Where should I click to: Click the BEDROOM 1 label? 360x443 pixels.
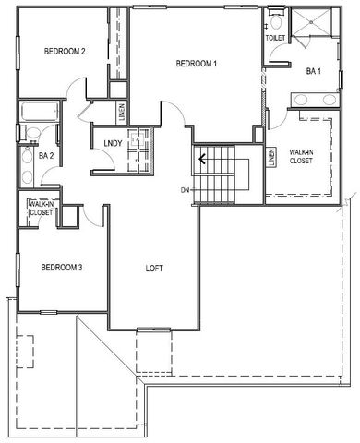[x=196, y=63]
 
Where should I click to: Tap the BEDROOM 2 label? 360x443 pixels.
[x=65, y=51]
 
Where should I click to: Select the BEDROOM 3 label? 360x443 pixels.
[x=63, y=268]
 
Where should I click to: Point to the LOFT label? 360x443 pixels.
[x=155, y=269]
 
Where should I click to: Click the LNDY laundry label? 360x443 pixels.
[x=113, y=143]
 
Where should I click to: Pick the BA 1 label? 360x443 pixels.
[x=313, y=70]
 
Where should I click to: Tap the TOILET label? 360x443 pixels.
[x=275, y=39]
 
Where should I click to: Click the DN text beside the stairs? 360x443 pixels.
[x=186, y=190]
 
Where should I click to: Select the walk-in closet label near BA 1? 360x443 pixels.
[x=301, y=156]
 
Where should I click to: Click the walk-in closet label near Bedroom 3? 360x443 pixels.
[x=41, y=209]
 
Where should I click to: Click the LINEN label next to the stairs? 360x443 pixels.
[x=271, y=157]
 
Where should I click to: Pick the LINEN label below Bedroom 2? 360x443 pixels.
[x=120, y=110]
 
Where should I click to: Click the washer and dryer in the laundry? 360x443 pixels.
[x=139, y=148]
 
